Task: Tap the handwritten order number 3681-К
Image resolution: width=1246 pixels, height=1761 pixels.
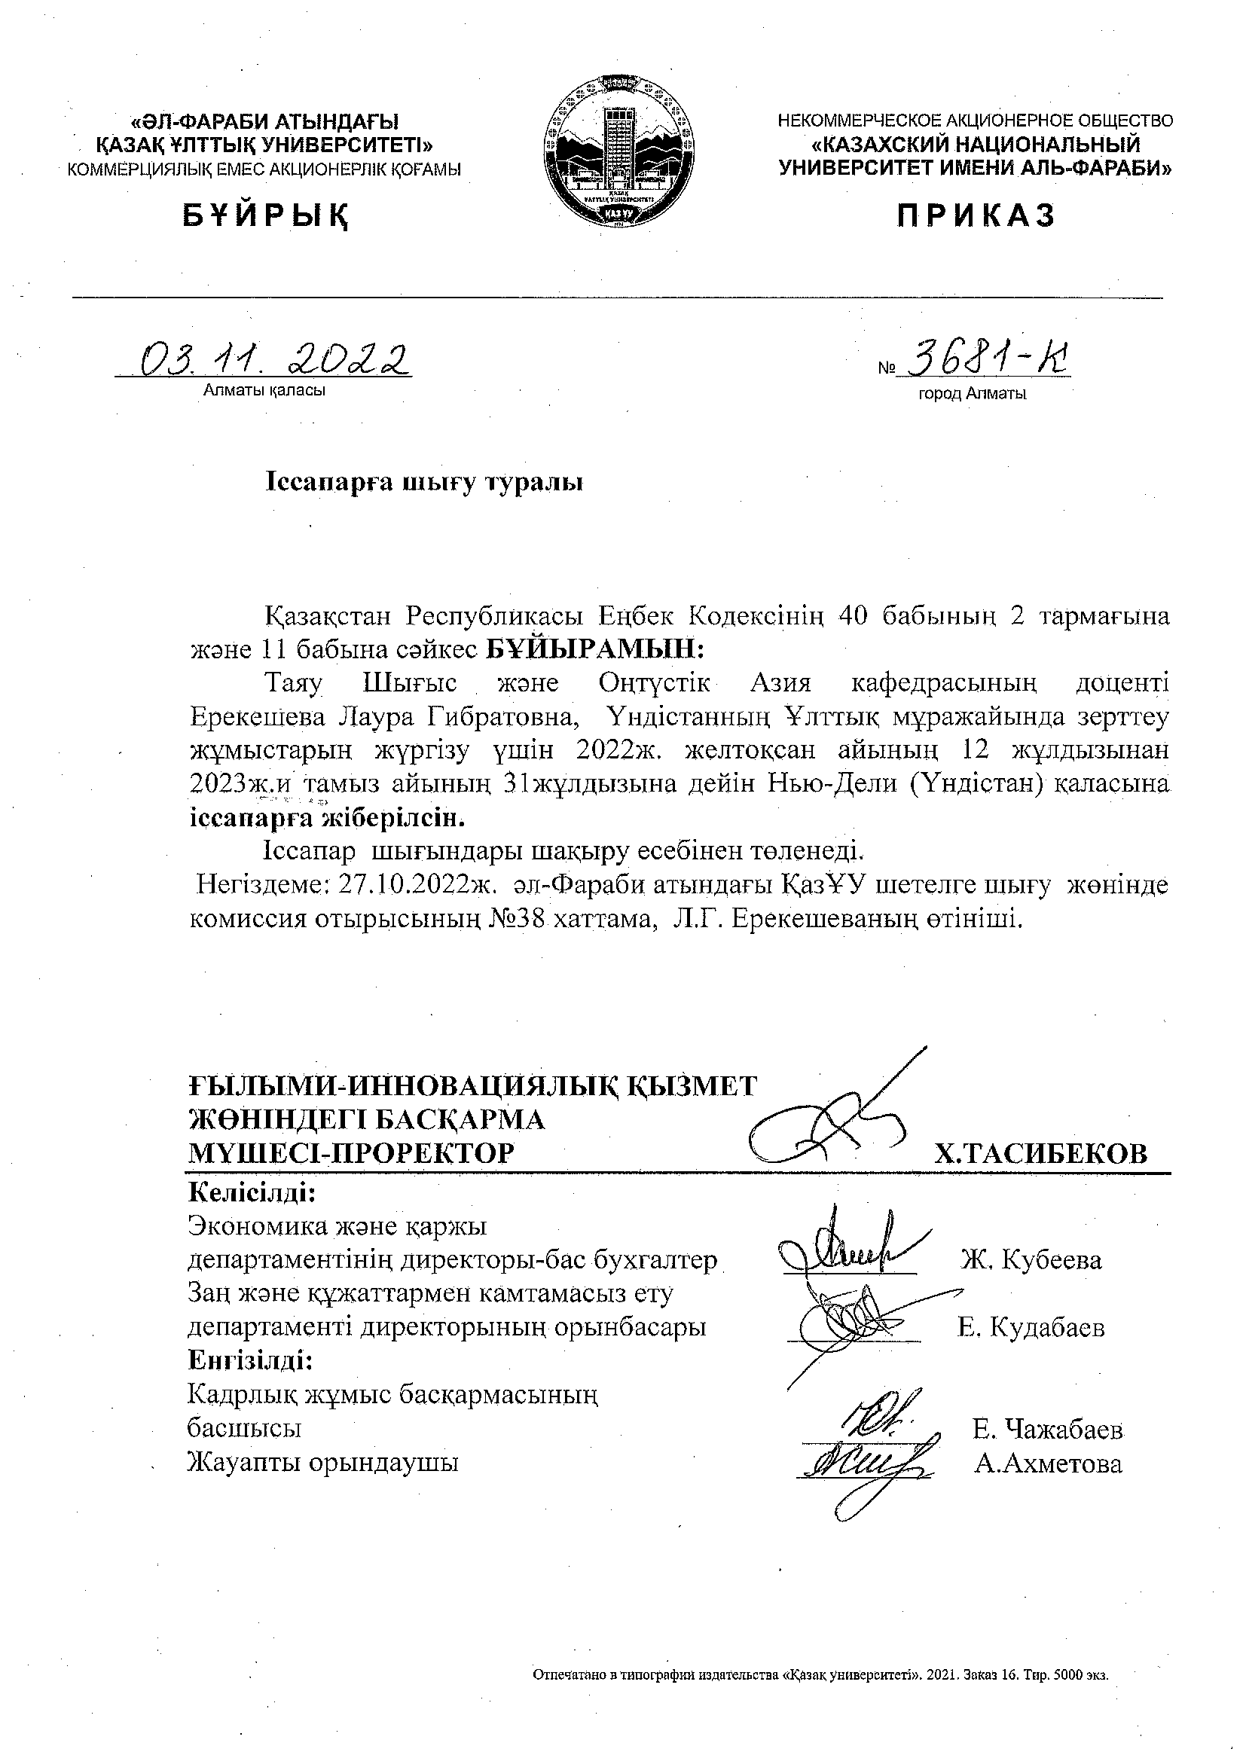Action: (x=987, y=359)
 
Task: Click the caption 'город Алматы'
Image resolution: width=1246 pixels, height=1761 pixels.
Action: (x=972, y=395)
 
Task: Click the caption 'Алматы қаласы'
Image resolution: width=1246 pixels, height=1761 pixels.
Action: (x=264, y=390)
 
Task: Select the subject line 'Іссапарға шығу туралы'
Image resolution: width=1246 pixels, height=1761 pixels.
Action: (x=424, y=484)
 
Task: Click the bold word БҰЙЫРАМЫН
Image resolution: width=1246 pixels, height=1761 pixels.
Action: (x=595, y=649)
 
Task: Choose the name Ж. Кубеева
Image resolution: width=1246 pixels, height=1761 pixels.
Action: (x=1031, y=1259)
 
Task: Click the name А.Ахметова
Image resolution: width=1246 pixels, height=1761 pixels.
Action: (x=1048, y=1464)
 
